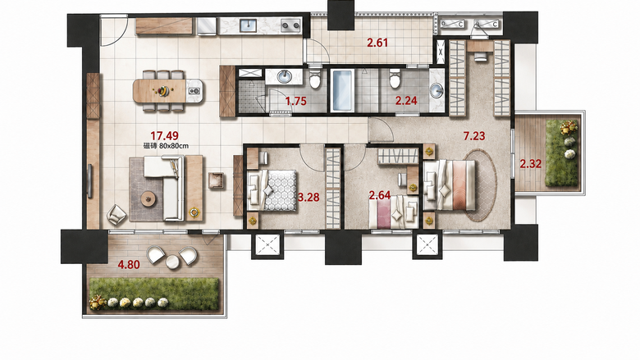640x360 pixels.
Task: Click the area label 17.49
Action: click(164, 136)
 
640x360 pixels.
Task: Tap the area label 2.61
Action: click(377, 43)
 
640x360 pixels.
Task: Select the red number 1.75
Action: click(296, 101)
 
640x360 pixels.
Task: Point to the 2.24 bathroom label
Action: click(406, 100)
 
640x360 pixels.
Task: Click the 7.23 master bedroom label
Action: click(474, 136)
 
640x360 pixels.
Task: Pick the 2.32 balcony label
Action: click(531, 164)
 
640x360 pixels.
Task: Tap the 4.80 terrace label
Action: click(129, 265)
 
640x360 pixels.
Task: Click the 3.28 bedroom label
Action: click(309, 198)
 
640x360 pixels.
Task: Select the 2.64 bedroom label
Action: click(380, 196)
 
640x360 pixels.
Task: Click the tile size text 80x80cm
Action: click(174, 145)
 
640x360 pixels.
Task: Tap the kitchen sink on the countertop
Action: click(248, 25)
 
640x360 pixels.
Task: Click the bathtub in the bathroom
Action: click(341, 90)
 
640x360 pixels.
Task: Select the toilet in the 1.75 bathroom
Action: click(315, 79)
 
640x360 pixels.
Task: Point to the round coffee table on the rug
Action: click(149, 199)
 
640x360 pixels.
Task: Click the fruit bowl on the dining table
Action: click(163, 91)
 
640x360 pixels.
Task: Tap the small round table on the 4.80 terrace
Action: click(172, 262)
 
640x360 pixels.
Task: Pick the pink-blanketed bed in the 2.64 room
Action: click(394, 212)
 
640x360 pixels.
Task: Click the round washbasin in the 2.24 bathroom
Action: click(437, 91)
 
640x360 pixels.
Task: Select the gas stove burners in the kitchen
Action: click(290, 25)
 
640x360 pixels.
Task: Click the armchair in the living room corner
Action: click(117, 214)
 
